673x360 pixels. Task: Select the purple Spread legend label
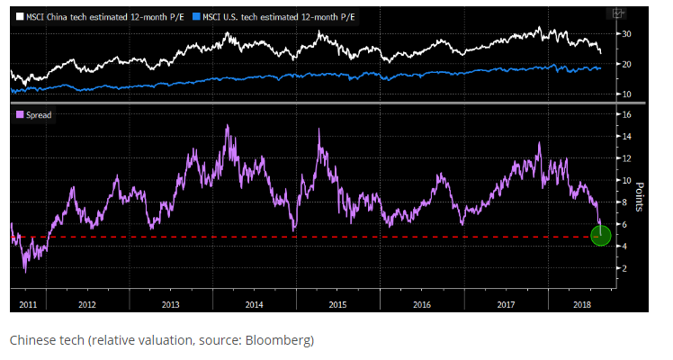[35, 115]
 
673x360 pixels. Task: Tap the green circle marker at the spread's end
[601, 236]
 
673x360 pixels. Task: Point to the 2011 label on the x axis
[27, 304]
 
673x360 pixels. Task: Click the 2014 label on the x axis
[254, 304]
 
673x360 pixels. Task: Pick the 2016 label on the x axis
[421, 304]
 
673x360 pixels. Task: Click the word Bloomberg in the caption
[283, 340]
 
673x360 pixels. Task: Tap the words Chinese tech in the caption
[40, 340]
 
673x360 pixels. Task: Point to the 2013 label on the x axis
[170, 304]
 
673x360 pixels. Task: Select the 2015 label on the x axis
[337, 304]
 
